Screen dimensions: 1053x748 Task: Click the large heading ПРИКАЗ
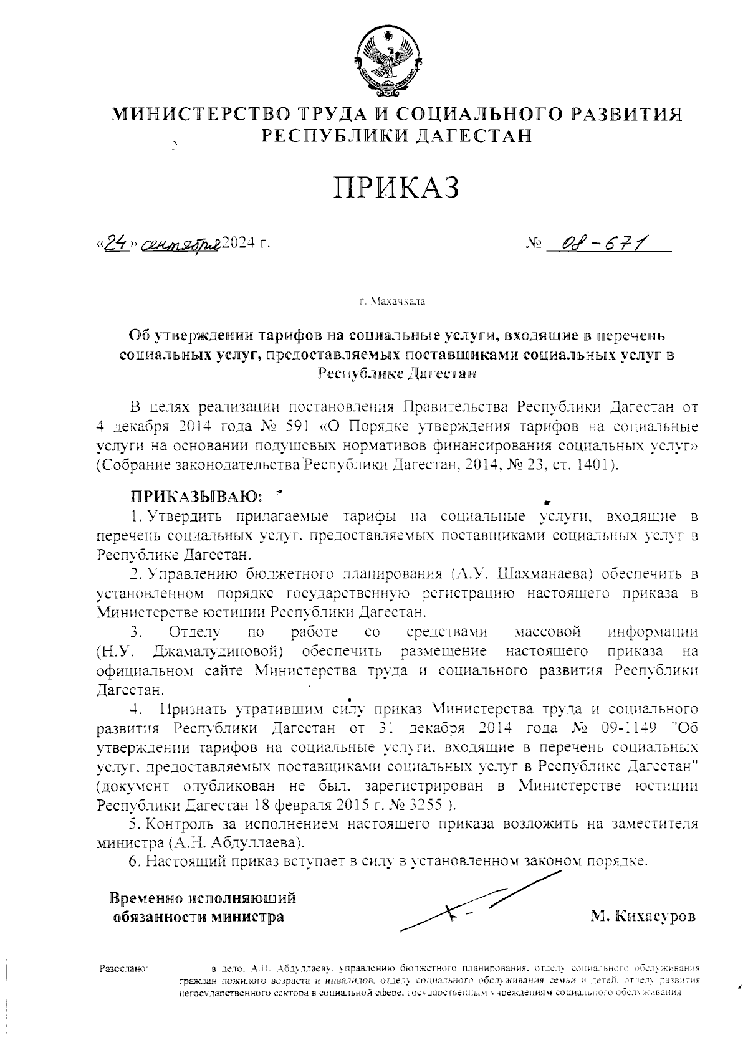(397, 187)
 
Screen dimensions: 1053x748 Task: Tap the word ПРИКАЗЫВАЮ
(194, 497)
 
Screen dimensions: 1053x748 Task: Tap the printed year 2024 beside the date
(240, 244)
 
